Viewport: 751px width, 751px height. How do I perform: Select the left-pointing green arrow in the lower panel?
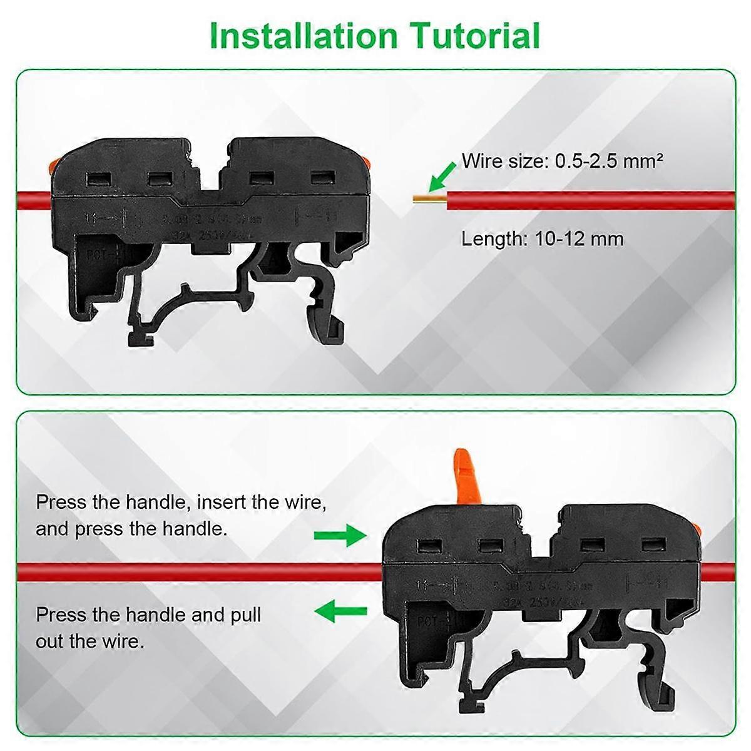click(340, 612)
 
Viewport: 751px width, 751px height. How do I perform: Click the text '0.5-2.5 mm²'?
click(608, 161)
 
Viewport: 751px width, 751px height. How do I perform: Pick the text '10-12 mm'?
click(579, 239)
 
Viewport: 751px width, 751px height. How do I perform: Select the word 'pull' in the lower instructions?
click(246, 615)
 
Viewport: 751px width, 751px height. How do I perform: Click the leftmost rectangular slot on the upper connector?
click(98, 180)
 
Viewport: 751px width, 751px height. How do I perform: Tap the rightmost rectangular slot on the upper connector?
click(321, 178)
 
